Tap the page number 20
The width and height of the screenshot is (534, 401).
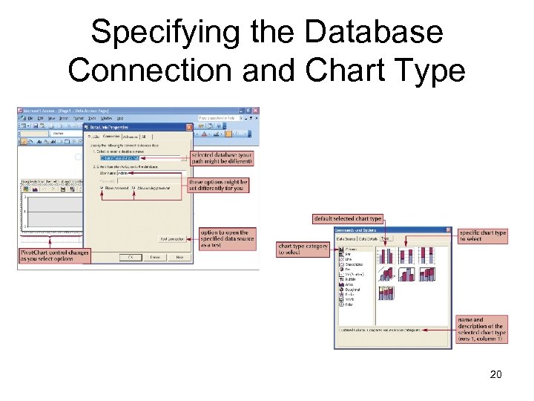click(x=495, y=374)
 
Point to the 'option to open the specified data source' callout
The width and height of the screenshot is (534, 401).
click(x=228, y=240)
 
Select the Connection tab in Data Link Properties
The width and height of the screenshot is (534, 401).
click(x=112, y=136)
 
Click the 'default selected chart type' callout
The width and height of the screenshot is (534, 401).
click(x=348, y=218)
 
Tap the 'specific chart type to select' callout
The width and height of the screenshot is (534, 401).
click(x=482, y=236)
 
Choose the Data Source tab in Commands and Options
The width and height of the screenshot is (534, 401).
click(x=347, y=239)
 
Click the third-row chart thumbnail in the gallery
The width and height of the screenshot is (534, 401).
click(x=386, y=293)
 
